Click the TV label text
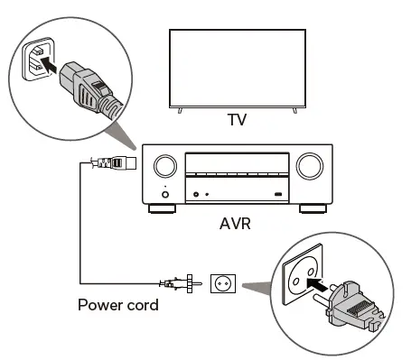(236, 119)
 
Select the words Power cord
(117, 305)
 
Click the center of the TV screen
(237, 69)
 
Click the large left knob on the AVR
(165, 166)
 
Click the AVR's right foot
(312, 208)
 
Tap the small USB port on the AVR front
(278, 194)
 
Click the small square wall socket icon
(222, 283)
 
